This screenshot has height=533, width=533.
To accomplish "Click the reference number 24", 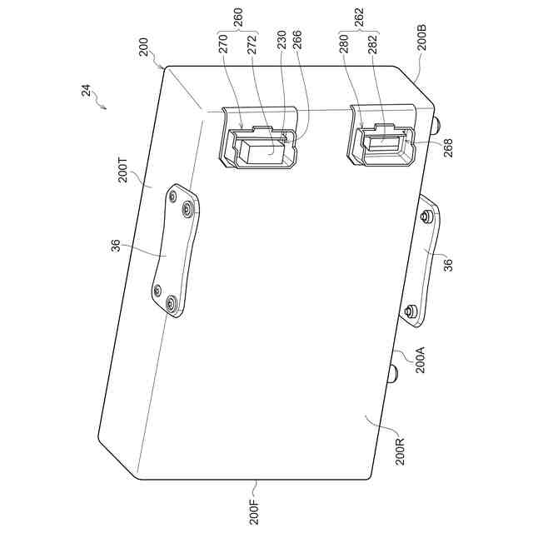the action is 87,91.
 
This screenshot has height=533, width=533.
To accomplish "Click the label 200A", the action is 421,360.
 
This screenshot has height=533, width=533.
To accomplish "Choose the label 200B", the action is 422,37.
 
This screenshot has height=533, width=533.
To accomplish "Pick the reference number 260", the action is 239,17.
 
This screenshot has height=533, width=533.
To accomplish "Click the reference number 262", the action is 359,17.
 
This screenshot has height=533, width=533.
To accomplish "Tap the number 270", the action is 223,44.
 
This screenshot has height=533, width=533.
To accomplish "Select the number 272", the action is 252,44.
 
